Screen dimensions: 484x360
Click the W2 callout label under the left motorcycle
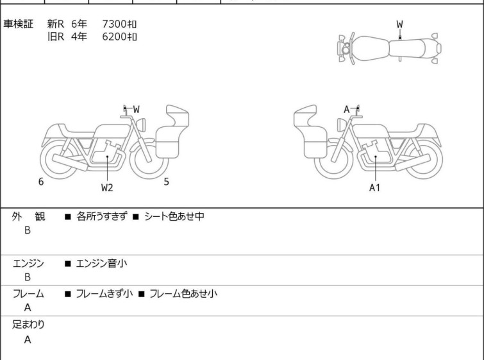pos(107,187)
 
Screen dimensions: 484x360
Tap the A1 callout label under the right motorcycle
pos(374,187)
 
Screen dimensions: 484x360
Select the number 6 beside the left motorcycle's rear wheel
pos(41,182)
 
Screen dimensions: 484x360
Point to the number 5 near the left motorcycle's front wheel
pos(167,182)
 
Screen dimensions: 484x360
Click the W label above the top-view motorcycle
pos(399,24)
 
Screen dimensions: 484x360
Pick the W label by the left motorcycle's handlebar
pos(136,109)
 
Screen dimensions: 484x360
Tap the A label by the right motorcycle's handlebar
pos(347,109)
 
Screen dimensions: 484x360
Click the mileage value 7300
pos(114,24)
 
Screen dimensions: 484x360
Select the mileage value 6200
pos(114,37)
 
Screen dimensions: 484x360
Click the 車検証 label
pos(18,24)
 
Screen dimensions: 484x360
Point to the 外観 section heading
pos(28,216)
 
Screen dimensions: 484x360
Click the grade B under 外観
pos(28,230)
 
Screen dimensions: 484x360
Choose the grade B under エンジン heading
pos(28,277)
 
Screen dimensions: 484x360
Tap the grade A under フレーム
pos(28,307)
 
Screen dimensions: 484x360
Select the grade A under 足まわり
pos(28,339)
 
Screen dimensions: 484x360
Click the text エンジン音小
pos(101,264)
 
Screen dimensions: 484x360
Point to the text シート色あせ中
pos(174,216)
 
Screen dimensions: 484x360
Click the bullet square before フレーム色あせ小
pos(142,294)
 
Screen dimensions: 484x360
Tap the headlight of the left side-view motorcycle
pos(141,125)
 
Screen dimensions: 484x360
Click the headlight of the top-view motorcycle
pos(346,49)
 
